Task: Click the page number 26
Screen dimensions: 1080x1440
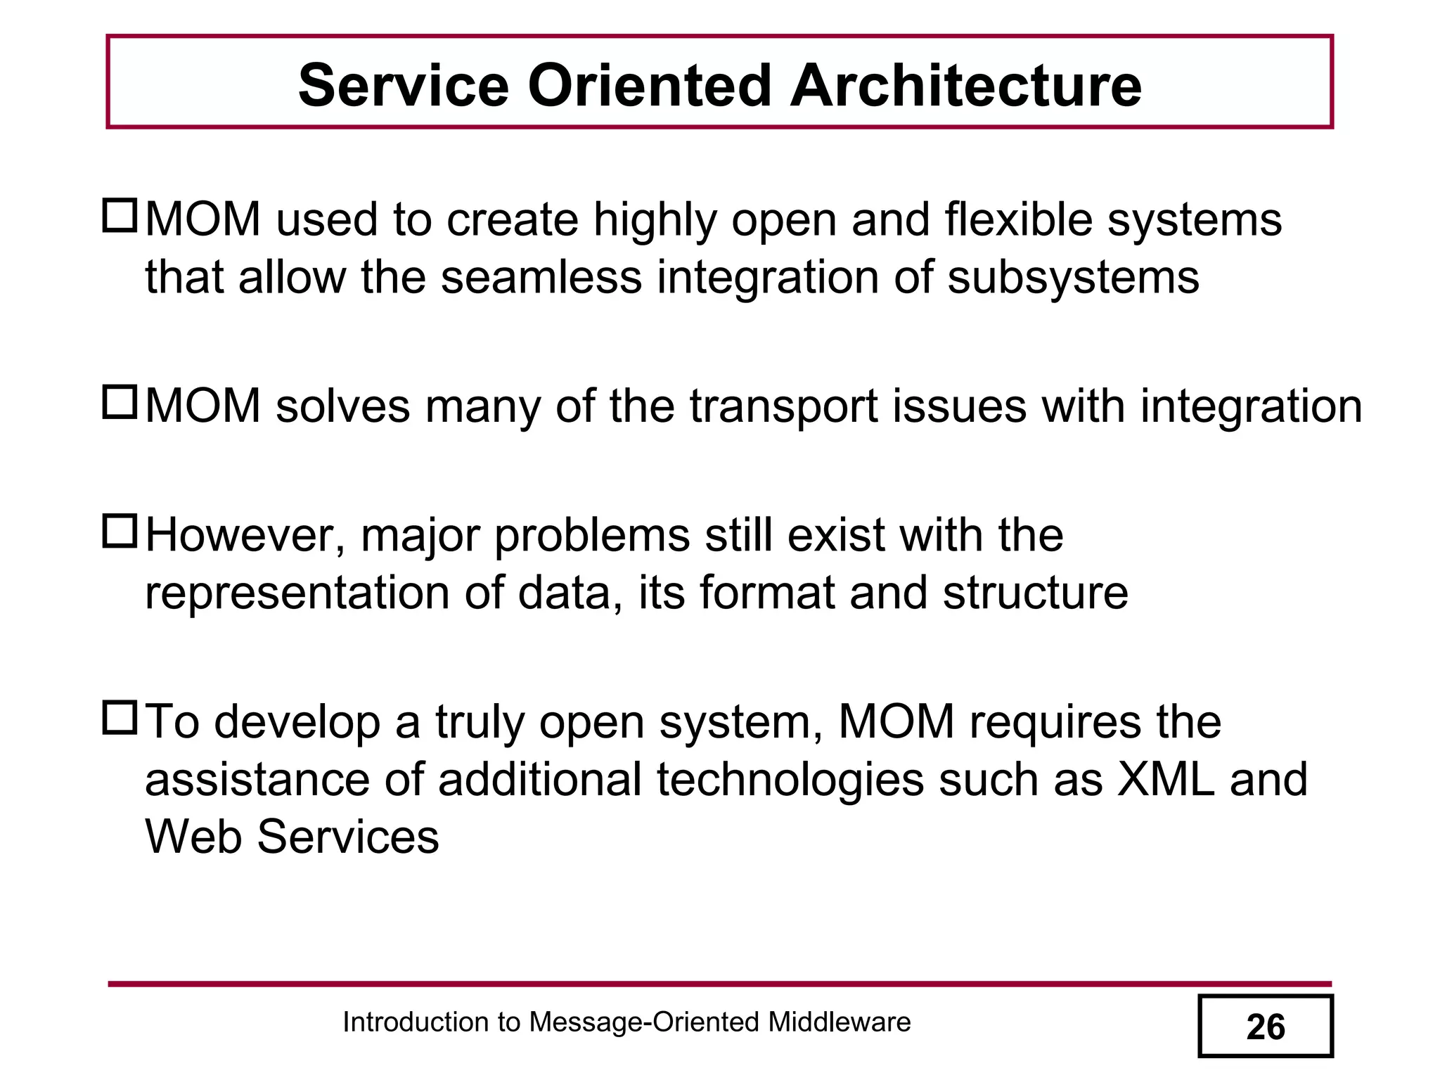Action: coord(1265,1027)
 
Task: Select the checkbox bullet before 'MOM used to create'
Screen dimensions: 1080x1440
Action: coord(120,217)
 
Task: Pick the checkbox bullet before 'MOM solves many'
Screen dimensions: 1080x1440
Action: coord(120,403)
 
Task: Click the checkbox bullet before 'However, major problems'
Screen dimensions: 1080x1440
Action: coord(120,532)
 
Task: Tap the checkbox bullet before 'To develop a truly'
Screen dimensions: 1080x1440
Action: coord(120,718)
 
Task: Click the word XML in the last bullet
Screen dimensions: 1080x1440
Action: coord(1166,779)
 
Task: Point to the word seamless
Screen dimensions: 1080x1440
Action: coord(541,277)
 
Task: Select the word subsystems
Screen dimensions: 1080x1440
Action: coord(1073,277)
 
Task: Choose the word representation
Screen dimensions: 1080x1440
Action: coord(296,593)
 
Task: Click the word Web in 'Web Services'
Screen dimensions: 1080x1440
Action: coord(193,837)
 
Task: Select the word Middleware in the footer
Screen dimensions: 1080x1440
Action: coord(839,1022)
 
